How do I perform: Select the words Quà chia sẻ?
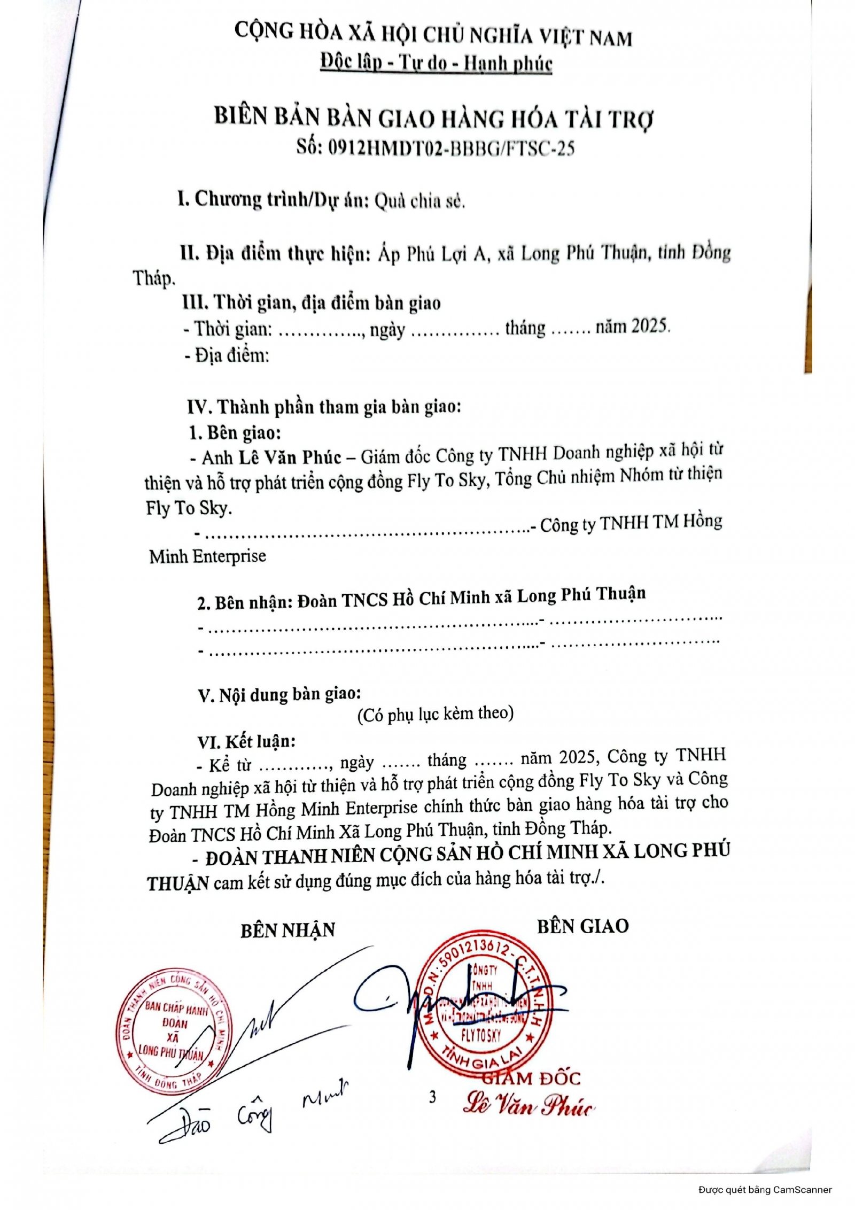pos(419,201)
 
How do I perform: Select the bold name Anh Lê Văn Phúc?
pos(271,457)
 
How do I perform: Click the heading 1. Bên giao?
pos(235,432)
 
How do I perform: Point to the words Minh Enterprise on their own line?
pos(207,556)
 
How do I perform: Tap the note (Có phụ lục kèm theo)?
pos(435,713)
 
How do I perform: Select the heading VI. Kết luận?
pos(246,742)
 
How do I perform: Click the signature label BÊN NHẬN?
pos(287,930)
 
